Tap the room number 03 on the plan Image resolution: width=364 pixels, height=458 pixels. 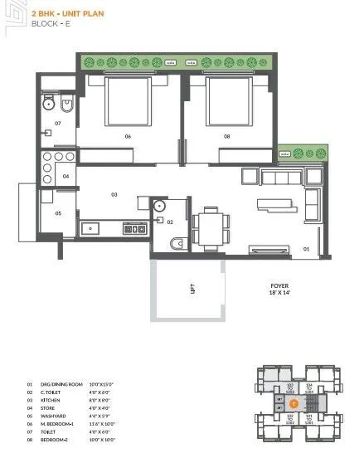(115, 195)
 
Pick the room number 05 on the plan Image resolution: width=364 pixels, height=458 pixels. (58, 213)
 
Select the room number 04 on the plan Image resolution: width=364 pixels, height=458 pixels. (66, 176)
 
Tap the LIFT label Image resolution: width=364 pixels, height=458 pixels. (190, 288)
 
